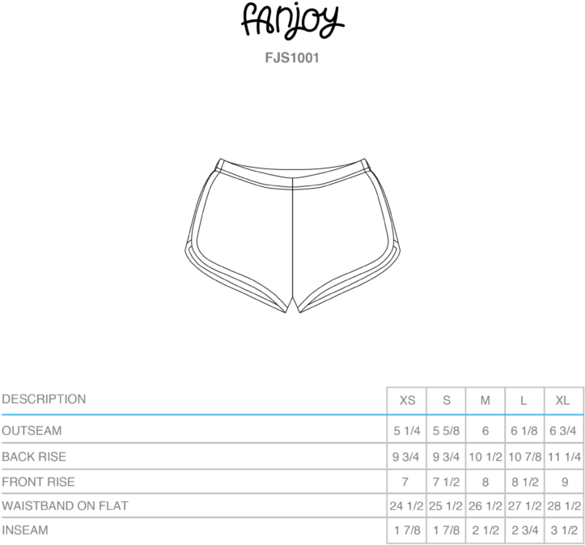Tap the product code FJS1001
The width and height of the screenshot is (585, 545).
292,58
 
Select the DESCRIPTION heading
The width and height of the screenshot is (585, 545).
44,399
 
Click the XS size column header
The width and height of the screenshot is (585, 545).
407,401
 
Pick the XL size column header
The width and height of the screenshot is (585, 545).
562,401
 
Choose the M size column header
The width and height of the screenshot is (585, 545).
485,401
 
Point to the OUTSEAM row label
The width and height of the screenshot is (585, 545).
32,430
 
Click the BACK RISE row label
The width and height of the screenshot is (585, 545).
34,457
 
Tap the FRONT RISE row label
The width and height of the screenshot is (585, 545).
38,482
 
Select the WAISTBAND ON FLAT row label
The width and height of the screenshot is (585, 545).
65,506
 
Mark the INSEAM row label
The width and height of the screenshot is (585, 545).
25,530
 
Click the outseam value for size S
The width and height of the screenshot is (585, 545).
446,431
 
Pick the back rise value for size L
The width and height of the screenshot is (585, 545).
524,457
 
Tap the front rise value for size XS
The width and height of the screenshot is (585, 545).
405,483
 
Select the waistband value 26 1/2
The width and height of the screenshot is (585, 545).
485,506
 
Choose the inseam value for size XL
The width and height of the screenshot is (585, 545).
564,530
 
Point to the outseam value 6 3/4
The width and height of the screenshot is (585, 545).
563,431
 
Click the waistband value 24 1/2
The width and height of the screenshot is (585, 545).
407,506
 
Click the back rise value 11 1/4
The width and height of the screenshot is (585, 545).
564,457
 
